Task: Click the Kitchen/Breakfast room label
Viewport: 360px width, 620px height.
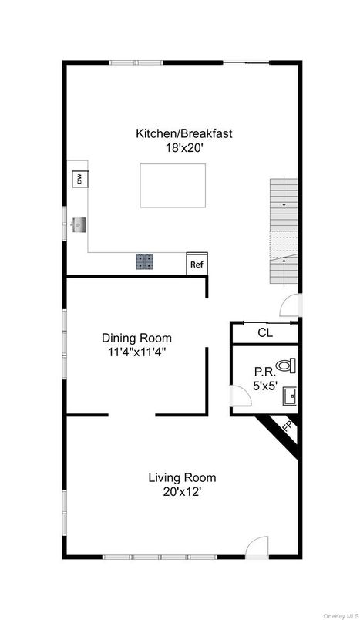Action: [x=183, y=133]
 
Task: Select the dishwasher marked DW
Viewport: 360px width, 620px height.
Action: [x=78, y=180]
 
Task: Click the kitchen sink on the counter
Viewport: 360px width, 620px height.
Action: [x=78, y=225]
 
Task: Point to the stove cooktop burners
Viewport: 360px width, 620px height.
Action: [x=145, y=262]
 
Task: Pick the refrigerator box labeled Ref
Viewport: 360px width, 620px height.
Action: [x=197, y=264]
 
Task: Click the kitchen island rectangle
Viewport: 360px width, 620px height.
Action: [x=173, y=186]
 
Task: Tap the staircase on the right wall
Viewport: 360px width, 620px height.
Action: [x=283, y=231]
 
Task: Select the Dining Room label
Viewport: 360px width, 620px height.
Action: [x=136, y=338]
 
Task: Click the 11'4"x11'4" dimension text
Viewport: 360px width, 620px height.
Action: [x=136, y=352]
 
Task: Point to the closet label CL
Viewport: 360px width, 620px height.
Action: [x=264, y=333]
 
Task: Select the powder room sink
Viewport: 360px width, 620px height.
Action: [x=289, y=396]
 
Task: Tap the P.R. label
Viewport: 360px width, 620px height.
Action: [x=264, y=370]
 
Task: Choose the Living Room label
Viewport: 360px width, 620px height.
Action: [x=182, y=477]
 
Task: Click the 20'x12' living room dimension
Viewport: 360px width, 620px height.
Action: [x=182, y=490]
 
